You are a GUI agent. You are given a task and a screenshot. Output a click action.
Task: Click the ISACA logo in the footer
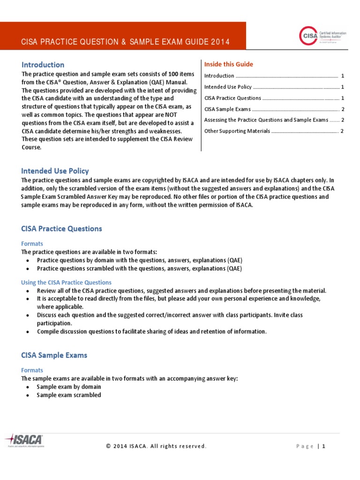click(24, 441)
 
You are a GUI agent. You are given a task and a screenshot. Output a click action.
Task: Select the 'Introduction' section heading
click(43, 65)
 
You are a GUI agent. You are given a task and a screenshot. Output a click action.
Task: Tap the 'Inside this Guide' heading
click(228, 64)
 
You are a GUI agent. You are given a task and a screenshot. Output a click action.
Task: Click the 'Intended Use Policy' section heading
click(55, 171)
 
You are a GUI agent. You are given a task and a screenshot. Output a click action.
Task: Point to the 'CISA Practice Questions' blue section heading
click(61, 229)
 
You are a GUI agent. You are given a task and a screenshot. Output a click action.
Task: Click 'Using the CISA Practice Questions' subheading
click(66, 283)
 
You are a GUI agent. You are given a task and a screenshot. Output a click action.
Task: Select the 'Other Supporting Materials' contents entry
click(237, 131)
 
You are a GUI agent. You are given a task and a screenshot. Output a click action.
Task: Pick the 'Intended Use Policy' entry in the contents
click(228, 87)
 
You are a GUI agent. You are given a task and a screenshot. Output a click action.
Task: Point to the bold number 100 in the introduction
click(174, 74)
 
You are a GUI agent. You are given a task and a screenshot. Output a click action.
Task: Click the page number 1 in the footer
click(323, 446)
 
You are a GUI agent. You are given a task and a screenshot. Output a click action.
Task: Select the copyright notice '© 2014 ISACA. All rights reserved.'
click(156, 446)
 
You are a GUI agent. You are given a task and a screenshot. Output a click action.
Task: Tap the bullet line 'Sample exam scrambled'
click(69, 395)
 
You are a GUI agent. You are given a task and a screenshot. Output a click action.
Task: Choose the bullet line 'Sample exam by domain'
click(69, 387)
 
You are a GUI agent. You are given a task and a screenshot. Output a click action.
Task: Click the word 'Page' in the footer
click(305, 446)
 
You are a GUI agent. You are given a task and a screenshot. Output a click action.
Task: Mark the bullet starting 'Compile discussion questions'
click(151, 331)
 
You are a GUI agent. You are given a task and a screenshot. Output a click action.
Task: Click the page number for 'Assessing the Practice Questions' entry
click(343, 120)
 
